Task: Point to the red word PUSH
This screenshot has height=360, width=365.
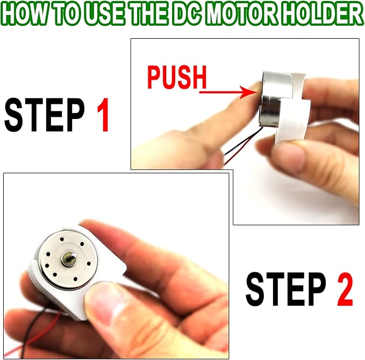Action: [176, 78]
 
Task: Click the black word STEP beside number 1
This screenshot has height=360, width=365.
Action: [45, 115]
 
